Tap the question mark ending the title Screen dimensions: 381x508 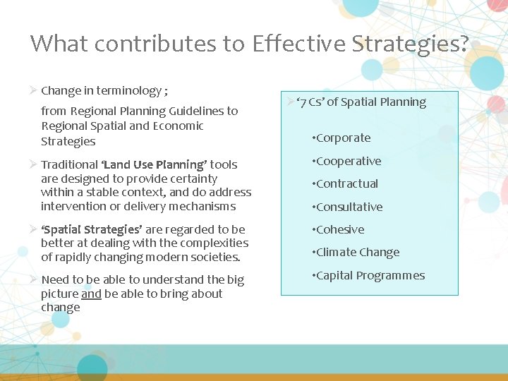click(x=462, y=43)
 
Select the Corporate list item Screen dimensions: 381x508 click(x=343, y=138)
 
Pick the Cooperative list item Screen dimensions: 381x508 click(x=349, y=161)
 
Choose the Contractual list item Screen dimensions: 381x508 click(x=347, y=183)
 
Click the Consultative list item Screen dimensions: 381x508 click(x=349, y=207)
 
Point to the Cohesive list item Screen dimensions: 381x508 click(x=340, y=229)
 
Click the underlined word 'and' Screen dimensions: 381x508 click(x=90, y=294)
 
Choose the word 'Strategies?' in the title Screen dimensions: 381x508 click(x=421, y=43)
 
